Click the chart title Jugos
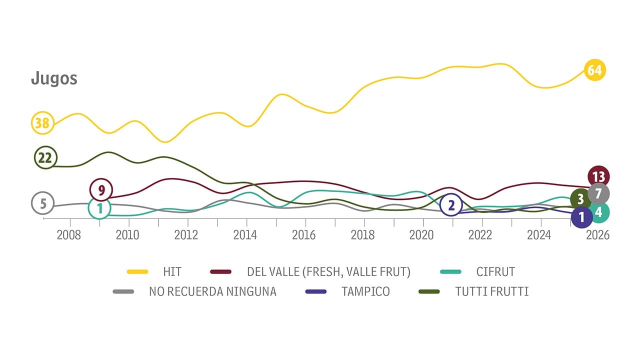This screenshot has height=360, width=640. tap(54, 78)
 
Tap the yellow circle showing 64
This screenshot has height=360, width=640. tap(594, 70)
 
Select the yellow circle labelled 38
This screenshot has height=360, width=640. tap(42, 123)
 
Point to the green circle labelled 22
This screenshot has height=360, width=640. tap(45, 158)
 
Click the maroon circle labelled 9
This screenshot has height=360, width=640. tap(101, 190)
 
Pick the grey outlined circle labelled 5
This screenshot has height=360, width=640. tap(43, 203)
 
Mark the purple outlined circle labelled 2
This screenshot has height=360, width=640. tap(451, 205)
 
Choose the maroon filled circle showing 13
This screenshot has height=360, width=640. tap(598, 176)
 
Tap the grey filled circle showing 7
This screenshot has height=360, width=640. tap(598, 193)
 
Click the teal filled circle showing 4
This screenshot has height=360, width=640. tap(599, 212)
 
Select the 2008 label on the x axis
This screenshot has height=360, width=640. tap(69, 235)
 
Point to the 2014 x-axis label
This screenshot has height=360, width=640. tap(245, 235)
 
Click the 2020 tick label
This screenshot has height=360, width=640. tap(422, 235)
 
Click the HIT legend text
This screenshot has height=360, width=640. tap(172, 272)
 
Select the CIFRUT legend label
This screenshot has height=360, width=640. tap(495, 272)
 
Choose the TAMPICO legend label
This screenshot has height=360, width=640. tap(365, 291)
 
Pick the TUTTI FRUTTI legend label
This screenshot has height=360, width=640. tap(492, 291)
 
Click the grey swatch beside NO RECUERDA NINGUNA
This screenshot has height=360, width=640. tap(123, 291)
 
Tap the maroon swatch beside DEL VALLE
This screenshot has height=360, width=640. tap(221, 272)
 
